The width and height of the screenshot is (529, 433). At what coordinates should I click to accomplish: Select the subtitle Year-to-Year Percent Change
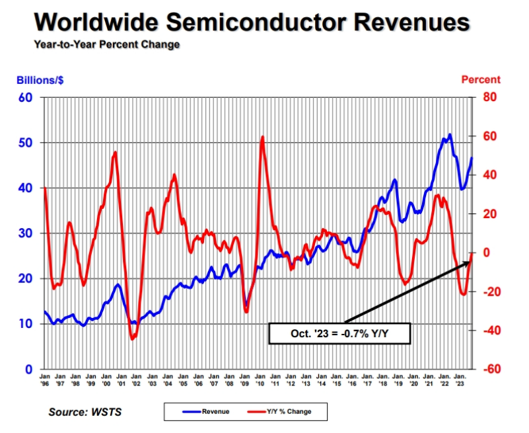[x=106, y=45]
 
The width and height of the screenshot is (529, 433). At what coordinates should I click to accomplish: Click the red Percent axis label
[x=481, y=80]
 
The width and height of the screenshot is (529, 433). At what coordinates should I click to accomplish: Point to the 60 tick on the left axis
[x=26, y=98]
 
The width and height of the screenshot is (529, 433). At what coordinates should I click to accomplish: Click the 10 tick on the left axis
[x=26, y=324]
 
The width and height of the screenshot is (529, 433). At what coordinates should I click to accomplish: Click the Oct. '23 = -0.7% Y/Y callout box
[x=339, y=334]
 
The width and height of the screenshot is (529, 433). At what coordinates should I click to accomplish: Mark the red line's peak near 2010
[x=263, y=138]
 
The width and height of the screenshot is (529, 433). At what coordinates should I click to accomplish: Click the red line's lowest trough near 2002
[x=132, y=338]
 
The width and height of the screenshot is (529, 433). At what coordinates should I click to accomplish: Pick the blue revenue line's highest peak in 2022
[x=450, y=135]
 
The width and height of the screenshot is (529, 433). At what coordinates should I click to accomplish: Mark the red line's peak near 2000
[x=116, y=153]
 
